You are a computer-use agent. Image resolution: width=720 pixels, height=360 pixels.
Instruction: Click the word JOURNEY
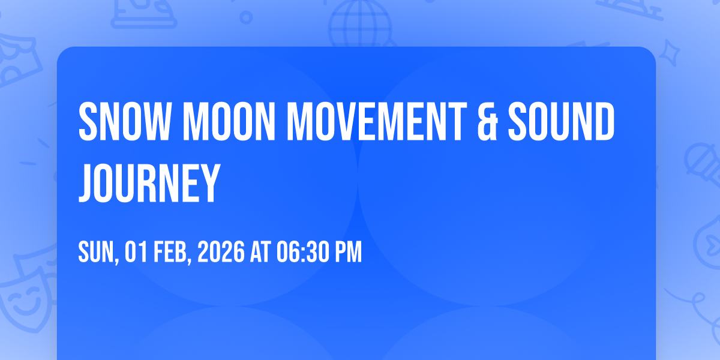click(149, 183)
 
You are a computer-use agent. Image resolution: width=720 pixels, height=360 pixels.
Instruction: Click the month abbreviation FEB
click(172, 253)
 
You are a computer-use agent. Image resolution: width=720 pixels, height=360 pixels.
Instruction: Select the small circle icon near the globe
click(246, 17)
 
